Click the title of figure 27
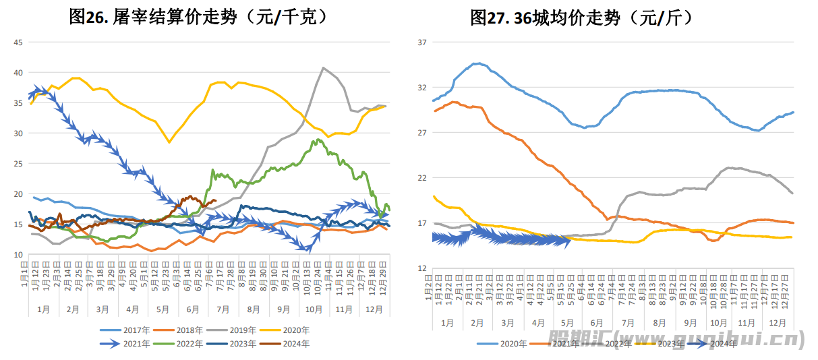582,17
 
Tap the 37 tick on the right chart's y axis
422,42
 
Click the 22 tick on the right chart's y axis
422,178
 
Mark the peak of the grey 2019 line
324,67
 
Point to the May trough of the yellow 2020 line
169,142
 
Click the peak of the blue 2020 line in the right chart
477,63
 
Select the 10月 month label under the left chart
314,309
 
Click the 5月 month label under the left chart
163,309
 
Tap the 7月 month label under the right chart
628,323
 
